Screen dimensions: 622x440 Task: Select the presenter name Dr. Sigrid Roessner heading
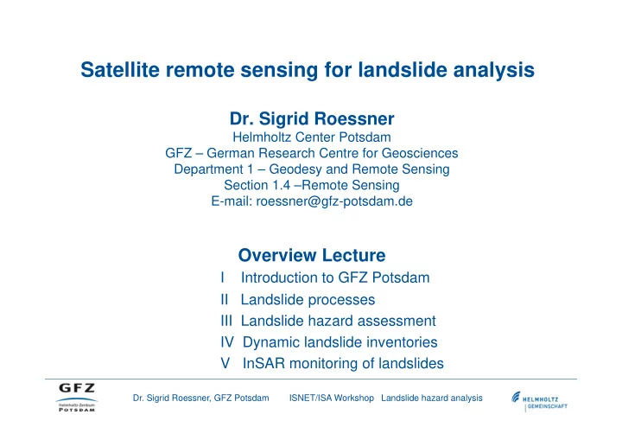click(312, 118)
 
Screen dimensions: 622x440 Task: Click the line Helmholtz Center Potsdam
click(312, 137)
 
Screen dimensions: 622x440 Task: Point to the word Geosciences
click(420, 153)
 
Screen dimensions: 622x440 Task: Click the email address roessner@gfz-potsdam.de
click(334, 201)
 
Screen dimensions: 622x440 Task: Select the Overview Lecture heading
click(312, 255)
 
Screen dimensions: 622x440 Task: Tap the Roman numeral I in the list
click(223, 277)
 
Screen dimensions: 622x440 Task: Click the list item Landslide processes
click(308, 299)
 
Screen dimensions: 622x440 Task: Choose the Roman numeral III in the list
click(226, 321)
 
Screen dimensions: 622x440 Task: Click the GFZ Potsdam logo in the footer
click(77, 397)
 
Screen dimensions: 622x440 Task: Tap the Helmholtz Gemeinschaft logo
click(539, 401)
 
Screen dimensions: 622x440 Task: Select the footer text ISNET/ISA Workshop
click(332, 398)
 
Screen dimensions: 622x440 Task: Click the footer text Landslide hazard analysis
click(432, 398)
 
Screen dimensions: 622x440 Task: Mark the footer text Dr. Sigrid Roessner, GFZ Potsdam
click(201, 398)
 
